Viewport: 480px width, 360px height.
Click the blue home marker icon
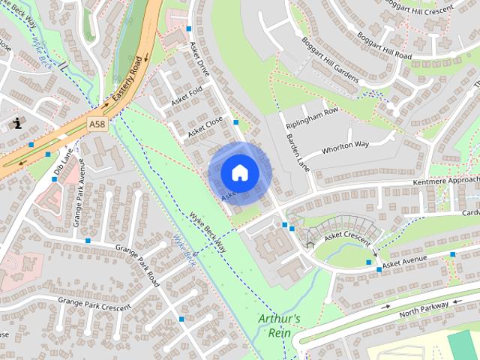click(x=239, y=172)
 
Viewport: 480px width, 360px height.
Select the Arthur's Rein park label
click(x=279, y=325)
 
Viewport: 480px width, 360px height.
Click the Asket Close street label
click(x=206, y=124)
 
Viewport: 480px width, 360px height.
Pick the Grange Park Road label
click(x=138, y=266)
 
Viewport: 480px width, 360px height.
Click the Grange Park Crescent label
click(x=94, y=303)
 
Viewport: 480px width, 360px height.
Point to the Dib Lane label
click(x=62, y=160)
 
